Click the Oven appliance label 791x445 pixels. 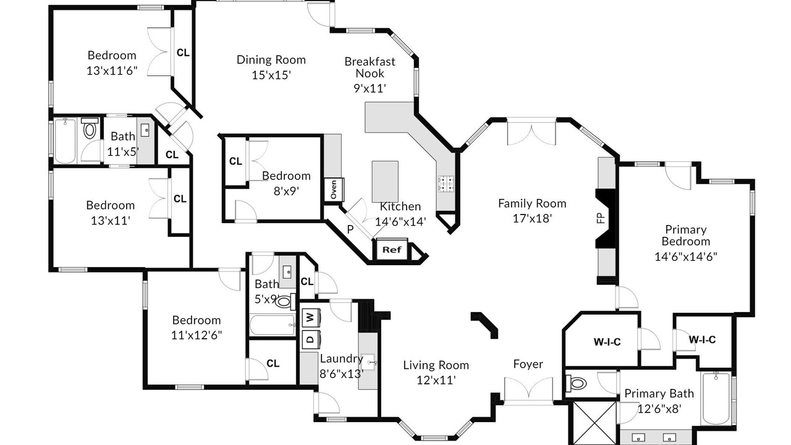(334, 189)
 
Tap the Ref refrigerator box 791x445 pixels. (392, 250)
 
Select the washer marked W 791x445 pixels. (310, 318)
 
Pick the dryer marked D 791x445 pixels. (310, 339)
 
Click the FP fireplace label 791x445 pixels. (601, 218)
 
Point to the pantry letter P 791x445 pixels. (350, 229)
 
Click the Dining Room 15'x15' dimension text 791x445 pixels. (271, 75)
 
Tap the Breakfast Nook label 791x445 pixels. (370, 67)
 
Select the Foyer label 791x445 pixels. (528, 364)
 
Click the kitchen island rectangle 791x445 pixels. (385, 182)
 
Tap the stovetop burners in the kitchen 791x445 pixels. (446, 184)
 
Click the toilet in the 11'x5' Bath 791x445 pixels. (90, 128)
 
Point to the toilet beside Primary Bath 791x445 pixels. (576, 383)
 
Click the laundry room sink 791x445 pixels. (370, 362)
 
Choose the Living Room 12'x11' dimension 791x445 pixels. (436, 380)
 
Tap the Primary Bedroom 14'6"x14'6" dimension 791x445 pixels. (686, 256)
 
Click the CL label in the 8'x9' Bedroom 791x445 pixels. (235, 161)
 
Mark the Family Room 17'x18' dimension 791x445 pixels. (532, 219)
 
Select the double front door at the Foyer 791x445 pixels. (528, 390)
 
